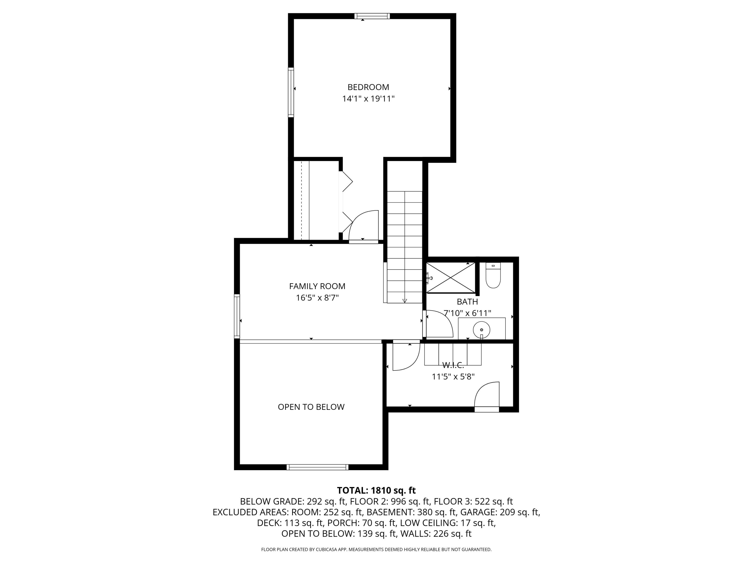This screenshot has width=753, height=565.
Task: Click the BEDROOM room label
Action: tap(368, 87)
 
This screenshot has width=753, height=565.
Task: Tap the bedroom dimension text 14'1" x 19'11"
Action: tap(368, 99)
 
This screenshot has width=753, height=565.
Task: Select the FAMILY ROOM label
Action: tap(317, 286)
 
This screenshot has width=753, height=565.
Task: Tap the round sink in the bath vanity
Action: tap(481, 330)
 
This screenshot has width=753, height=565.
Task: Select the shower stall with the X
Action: tap(451, 277)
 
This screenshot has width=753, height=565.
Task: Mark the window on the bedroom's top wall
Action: tap(372, 16)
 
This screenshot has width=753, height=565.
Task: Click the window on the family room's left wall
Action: tap(237, 316)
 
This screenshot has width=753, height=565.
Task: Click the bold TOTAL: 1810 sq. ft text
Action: tap(376, 490)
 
